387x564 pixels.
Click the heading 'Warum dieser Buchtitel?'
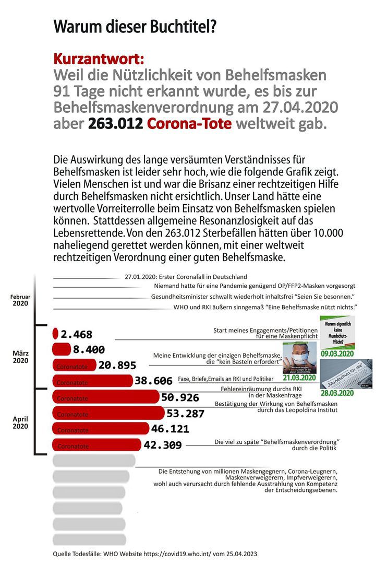tap(135, 27)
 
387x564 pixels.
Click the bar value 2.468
tap(76, 334)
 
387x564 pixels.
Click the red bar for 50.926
tap(105, 398)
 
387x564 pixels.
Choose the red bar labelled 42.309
tap(96, 446)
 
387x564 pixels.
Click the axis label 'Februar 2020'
tap(20, 300)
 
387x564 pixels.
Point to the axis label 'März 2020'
tap(20, 357)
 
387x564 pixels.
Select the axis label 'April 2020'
tap(20, 422)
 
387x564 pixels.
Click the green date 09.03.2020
tap(337, 354)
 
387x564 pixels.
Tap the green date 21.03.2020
tap(299, 378)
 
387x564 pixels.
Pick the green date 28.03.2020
tap(337, 393)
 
